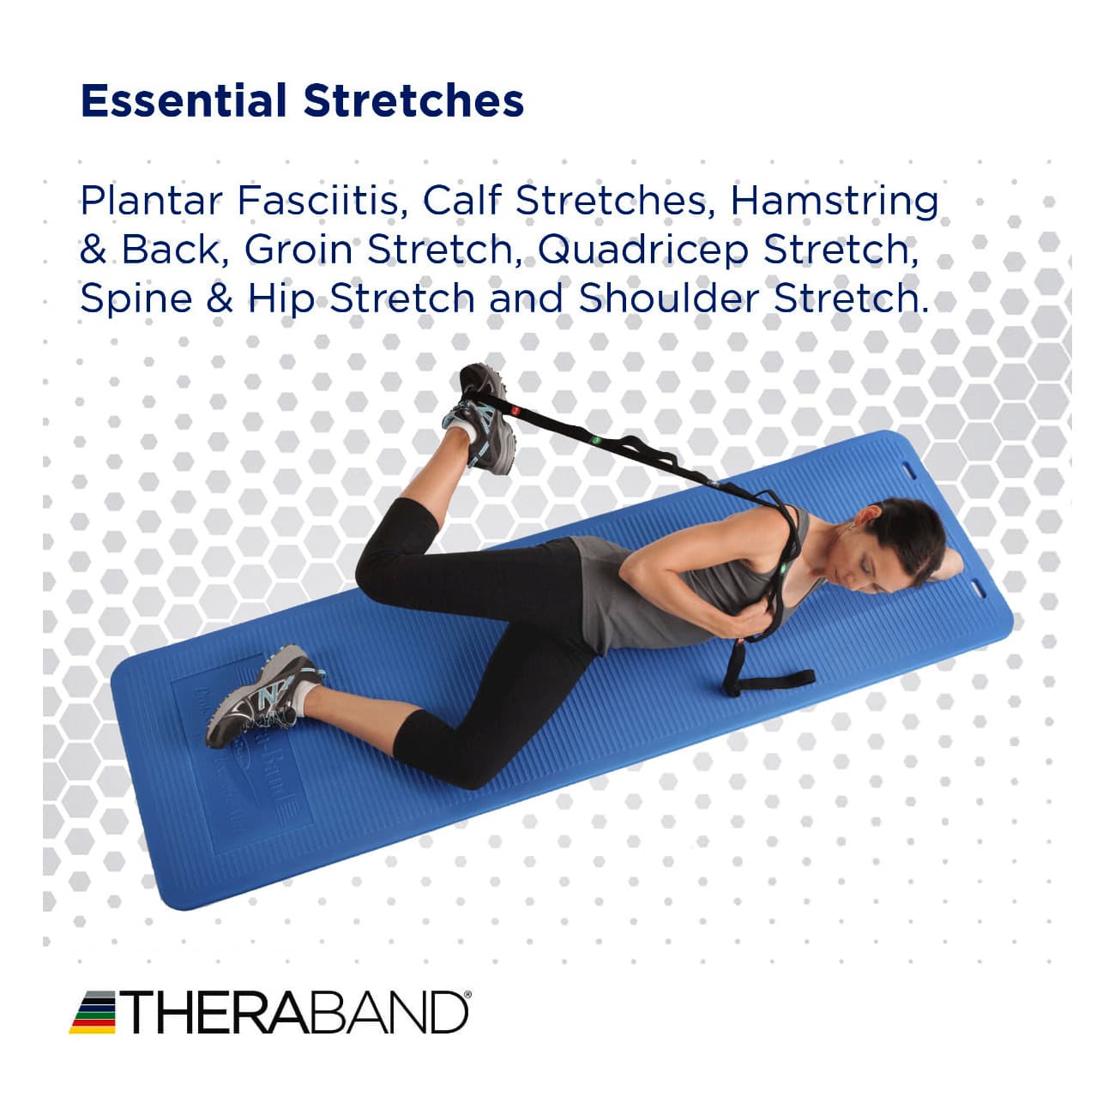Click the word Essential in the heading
click(183, 100)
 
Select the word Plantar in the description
click(152, 201)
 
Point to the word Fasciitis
click(317, 201)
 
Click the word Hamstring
click(835, 202)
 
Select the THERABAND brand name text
click(296, 1013)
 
